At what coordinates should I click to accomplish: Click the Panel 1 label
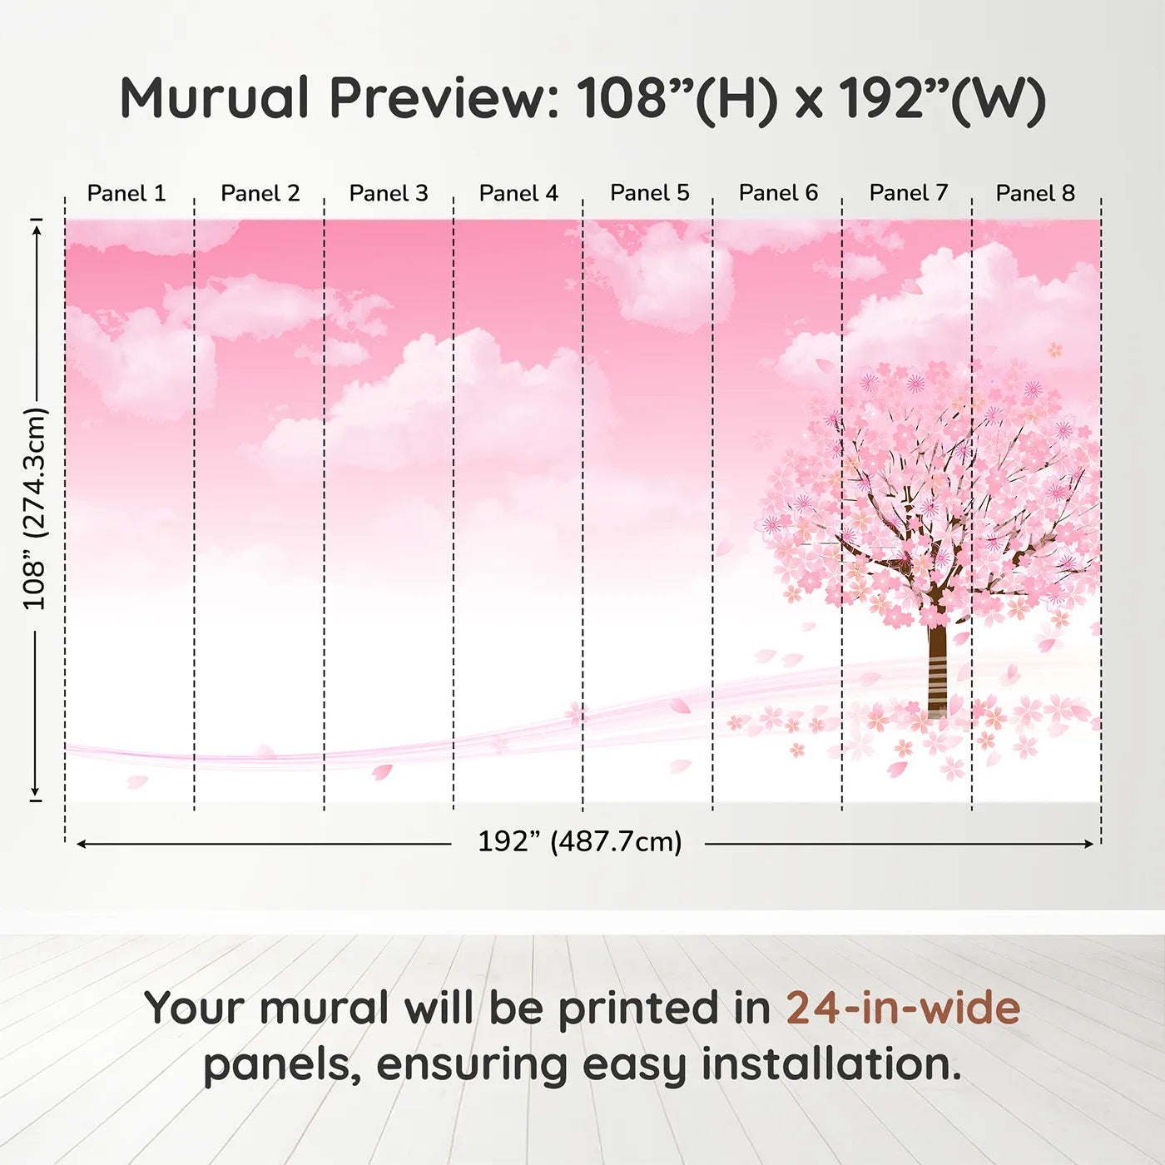pos(126,193)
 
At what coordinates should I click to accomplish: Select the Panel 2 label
pos(260,193)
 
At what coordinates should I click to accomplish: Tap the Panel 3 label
pos(389,193)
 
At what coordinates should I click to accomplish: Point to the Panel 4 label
pos(518,193)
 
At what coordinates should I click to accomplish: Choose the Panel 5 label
pos(650,193)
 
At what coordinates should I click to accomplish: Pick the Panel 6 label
pos(778,193)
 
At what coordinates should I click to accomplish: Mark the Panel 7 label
pos(909,193)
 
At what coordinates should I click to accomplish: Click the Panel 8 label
pos(1035,193)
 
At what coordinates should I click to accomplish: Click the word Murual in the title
pos(215,98)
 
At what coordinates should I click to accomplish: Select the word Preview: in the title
pos(444,98)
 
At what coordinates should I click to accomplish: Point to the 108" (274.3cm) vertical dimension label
pos(35,508)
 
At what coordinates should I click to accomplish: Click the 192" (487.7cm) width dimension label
pos(579,841)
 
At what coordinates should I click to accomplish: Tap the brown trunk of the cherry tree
pos(937,666)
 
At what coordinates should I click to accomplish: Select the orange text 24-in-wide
pos(903,1008)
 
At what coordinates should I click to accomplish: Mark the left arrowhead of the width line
pos(82,844)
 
